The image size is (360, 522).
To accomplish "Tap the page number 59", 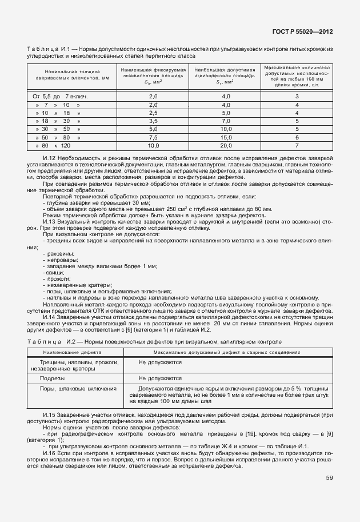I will (x=329, y=477).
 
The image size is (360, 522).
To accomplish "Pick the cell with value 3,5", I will (x=153, y=121).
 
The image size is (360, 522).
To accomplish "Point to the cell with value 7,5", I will (x=153, y=138).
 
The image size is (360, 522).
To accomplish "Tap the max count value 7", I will (x=297, y=146).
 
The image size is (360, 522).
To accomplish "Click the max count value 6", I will (x=297, y=138).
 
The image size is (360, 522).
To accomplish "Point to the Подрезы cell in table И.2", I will (x=52, y=378).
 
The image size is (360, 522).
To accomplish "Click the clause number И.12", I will (x=49, y=157).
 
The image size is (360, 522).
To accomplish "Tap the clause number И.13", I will (x=49, y=221).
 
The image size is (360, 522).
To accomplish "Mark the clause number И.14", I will (x=49, y=317).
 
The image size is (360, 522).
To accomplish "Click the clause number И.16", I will (x=49, y=451).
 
